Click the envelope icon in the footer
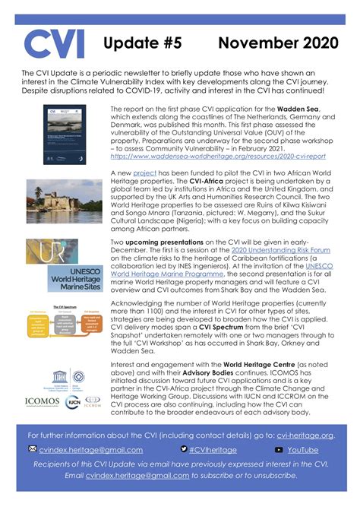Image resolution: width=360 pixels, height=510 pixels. [x=32, y=450]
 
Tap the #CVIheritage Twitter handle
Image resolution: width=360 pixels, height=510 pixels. [x=215, y=450]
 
